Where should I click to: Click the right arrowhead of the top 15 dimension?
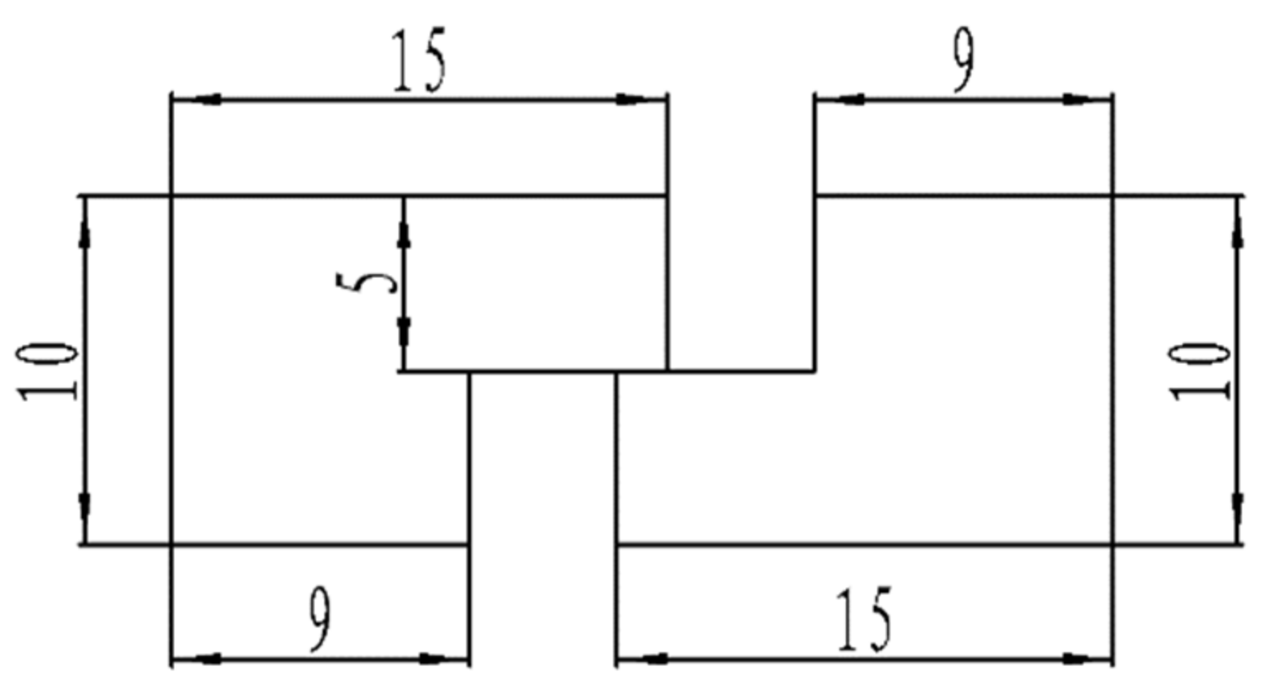(x=631, y=100)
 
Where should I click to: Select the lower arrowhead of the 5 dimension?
(x=404, y=334)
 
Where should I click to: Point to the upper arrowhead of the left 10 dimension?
(x=85, y=233)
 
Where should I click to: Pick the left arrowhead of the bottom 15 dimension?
(x=652, y=659)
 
